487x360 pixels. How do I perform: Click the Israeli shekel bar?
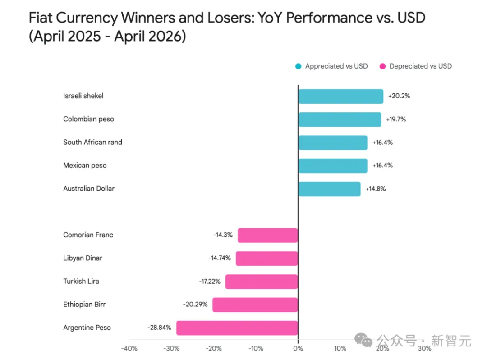340,96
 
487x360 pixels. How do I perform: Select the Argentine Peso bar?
237,328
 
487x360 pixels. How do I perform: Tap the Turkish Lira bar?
262,282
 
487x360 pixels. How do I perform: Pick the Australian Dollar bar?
329,189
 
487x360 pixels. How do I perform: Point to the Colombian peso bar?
340,120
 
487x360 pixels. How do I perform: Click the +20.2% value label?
399,96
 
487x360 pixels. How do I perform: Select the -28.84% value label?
159,328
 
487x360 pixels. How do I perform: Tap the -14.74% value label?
219,258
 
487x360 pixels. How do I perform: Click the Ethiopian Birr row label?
84,305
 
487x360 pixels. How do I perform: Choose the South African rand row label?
92,142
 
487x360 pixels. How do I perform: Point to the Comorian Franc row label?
88,235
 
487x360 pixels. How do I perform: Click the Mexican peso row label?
85,166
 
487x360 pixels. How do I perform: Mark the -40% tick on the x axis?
129,348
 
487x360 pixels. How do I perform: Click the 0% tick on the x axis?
298,348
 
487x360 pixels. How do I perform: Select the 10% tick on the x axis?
340,348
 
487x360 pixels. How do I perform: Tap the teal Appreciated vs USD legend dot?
298,66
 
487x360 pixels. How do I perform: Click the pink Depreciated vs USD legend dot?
382,66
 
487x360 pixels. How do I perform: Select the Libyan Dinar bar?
266,258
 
